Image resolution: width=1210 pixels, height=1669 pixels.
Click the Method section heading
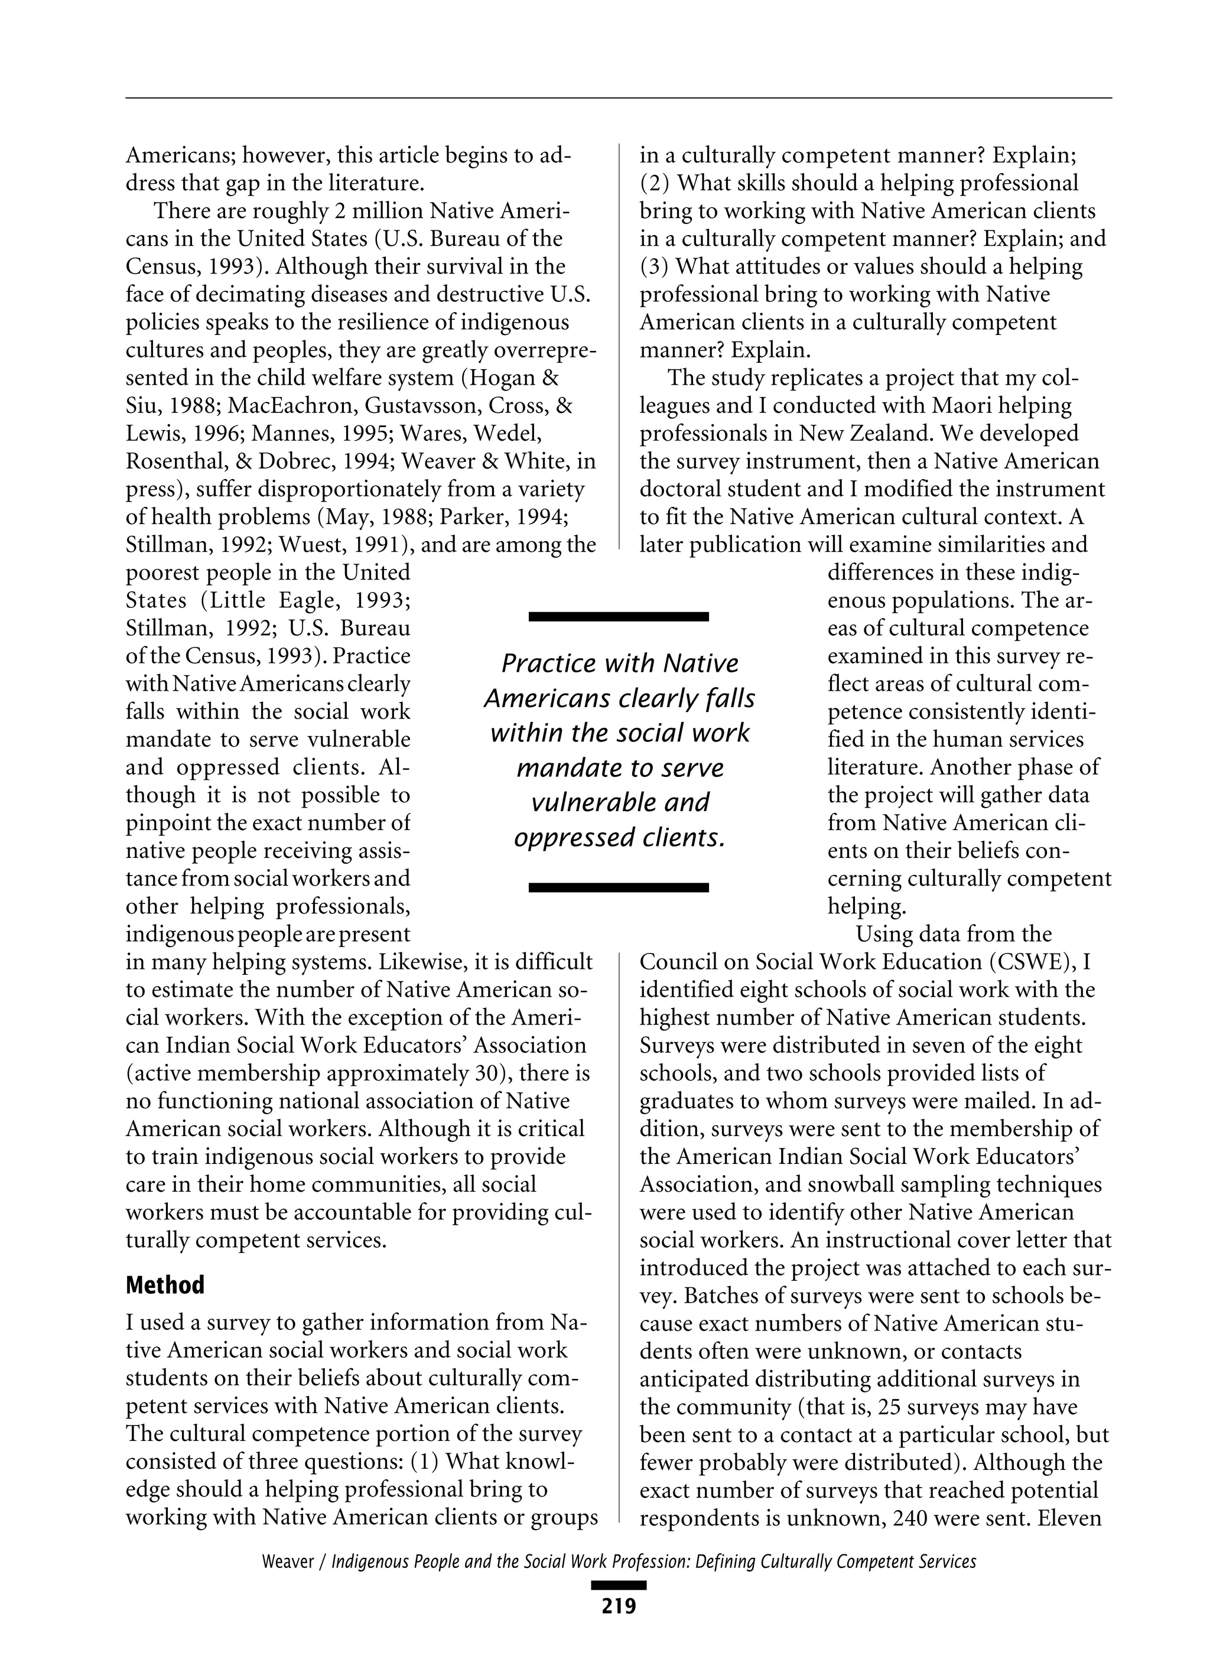[x=165, y=1285]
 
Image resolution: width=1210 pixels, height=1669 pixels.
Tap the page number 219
[x=618, y=1606]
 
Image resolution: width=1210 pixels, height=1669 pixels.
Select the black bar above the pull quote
[x=618, y=616]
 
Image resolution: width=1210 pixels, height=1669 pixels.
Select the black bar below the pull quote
[x=618, y=887]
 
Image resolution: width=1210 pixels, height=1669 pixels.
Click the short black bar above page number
[x=618, y=1585]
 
